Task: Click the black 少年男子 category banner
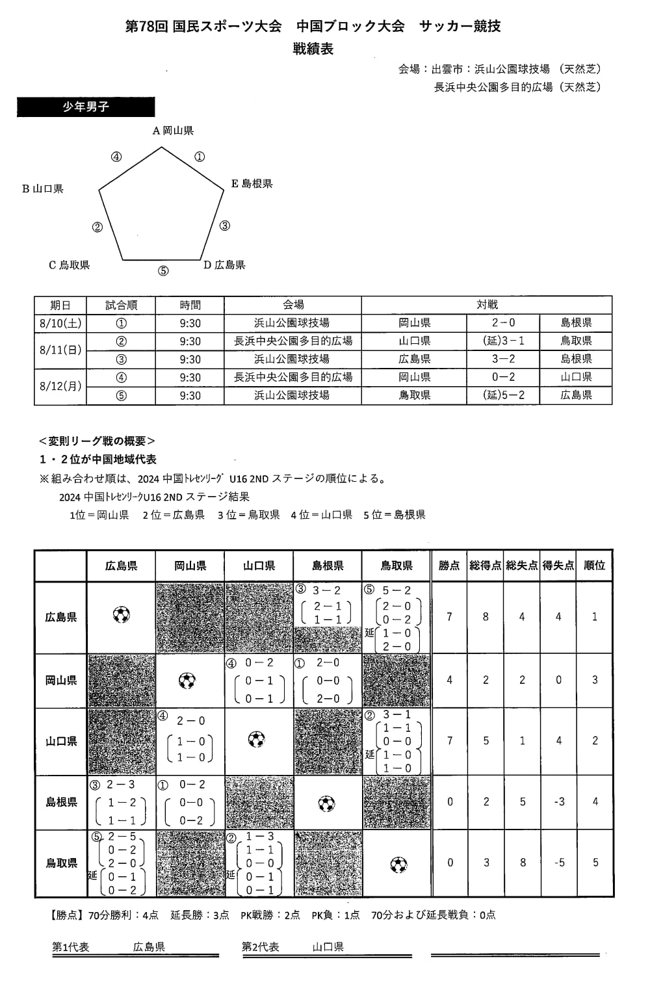[86, 107]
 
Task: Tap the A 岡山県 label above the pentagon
[173, 131]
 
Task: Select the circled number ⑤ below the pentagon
[163, 271]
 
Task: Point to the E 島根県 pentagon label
[252, 184]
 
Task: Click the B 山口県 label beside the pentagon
[43, 189]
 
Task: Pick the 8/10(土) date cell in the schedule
[60, 323]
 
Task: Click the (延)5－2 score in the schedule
[503, 395]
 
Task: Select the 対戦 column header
[487, 305]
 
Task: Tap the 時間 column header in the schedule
[190, 305]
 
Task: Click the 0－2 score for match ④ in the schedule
[503, 377]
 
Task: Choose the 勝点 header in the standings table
[449, 566]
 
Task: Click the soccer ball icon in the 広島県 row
[122, 615]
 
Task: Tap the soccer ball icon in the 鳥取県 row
[398, 865]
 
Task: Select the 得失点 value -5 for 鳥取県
[559, 863]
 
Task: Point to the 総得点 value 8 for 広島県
[486, 617]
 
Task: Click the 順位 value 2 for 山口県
[595, 741]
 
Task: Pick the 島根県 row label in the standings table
[61, 802]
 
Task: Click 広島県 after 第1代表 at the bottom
[149, 947]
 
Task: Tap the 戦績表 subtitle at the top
[313, 49]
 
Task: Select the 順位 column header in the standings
[595, 566]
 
